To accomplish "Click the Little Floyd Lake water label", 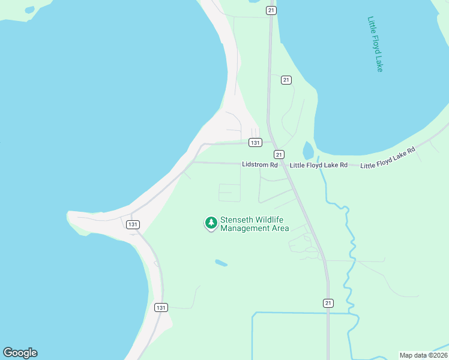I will (x=375, y=44).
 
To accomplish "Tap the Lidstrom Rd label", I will (x=260, y=164).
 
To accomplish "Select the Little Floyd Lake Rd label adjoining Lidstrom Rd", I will (x=319, y=165).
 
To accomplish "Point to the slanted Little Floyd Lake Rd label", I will (x=388, y=158).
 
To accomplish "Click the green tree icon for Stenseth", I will (x=211, y=223).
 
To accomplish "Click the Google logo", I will (x=20, y=353).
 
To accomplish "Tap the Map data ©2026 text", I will (x=423, y=355).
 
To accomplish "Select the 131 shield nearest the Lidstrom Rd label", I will (x=256, y=143).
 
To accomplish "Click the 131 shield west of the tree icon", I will (x=133, y=224).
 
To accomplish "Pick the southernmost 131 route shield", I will (x=160, y=307).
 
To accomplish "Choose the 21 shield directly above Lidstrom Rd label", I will (x=279, y=154).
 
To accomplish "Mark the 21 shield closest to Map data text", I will (x=328, y=302).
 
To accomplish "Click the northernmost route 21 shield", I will (x=272, y=10).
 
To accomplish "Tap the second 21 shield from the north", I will (x=286, y=80).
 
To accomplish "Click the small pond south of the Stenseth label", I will (x=221, y=263).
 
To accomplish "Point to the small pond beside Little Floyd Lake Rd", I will (x=309, y=150).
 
